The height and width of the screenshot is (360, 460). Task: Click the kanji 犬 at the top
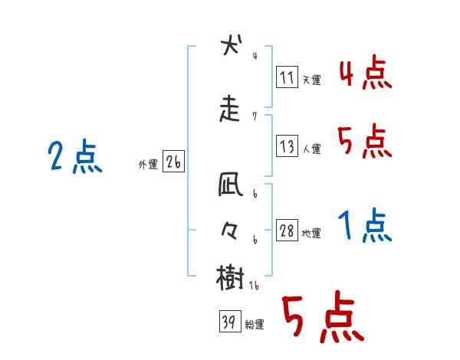coord(230,46)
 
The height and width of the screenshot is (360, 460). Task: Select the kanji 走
coord(230,110)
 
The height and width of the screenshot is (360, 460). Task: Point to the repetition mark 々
coord(230,231)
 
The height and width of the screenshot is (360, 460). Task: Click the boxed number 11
coord(287,77)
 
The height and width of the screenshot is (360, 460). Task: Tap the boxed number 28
coord(287,231)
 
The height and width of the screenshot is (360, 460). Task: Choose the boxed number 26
coord(172,162)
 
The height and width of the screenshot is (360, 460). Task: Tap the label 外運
coord(147,165)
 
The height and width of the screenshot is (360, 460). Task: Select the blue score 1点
coord(365,225)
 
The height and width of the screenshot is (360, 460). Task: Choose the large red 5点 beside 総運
coord(322,319)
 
